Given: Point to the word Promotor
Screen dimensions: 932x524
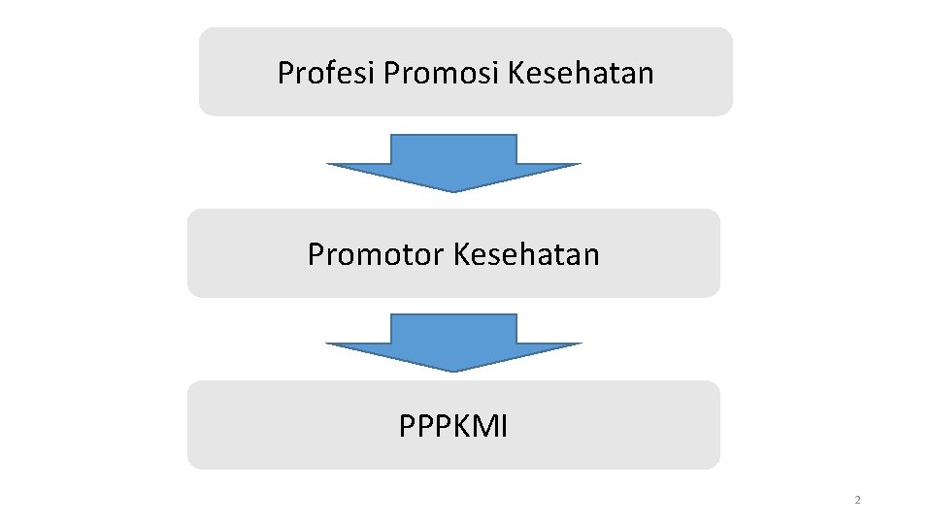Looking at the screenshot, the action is (x=376, y=254).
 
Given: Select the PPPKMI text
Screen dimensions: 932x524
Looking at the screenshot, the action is (x=452, y=426).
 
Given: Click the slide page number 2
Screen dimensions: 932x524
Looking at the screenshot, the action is (x=857, y=501).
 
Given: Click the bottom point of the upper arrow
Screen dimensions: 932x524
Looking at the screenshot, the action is (x=453, y=191).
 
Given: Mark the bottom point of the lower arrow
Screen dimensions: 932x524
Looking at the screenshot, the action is (x=453, y=371).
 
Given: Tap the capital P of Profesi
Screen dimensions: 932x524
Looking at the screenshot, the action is (x=285, y=73).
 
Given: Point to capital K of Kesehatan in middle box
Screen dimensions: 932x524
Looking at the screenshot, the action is (x=461, y=254).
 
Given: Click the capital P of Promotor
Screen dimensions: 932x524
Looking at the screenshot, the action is (x=316, y=254).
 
